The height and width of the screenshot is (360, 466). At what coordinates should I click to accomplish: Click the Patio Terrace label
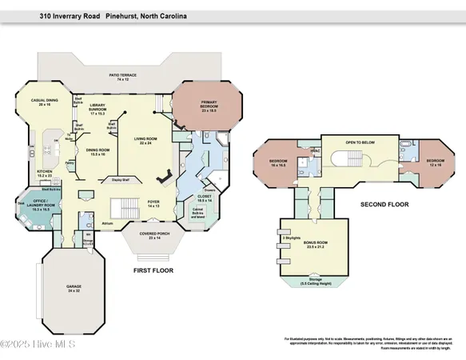tap(124, 78)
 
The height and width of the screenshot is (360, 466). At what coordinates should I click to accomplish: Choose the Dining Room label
tap(98, 151)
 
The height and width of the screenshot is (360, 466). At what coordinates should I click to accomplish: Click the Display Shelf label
tap(121, 179)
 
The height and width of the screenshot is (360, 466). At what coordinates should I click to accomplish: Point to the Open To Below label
tap(360, 142)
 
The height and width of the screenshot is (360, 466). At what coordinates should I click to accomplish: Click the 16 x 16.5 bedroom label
tap(278, 163)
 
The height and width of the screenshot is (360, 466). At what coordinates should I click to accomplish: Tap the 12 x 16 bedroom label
tap(434, 162)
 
